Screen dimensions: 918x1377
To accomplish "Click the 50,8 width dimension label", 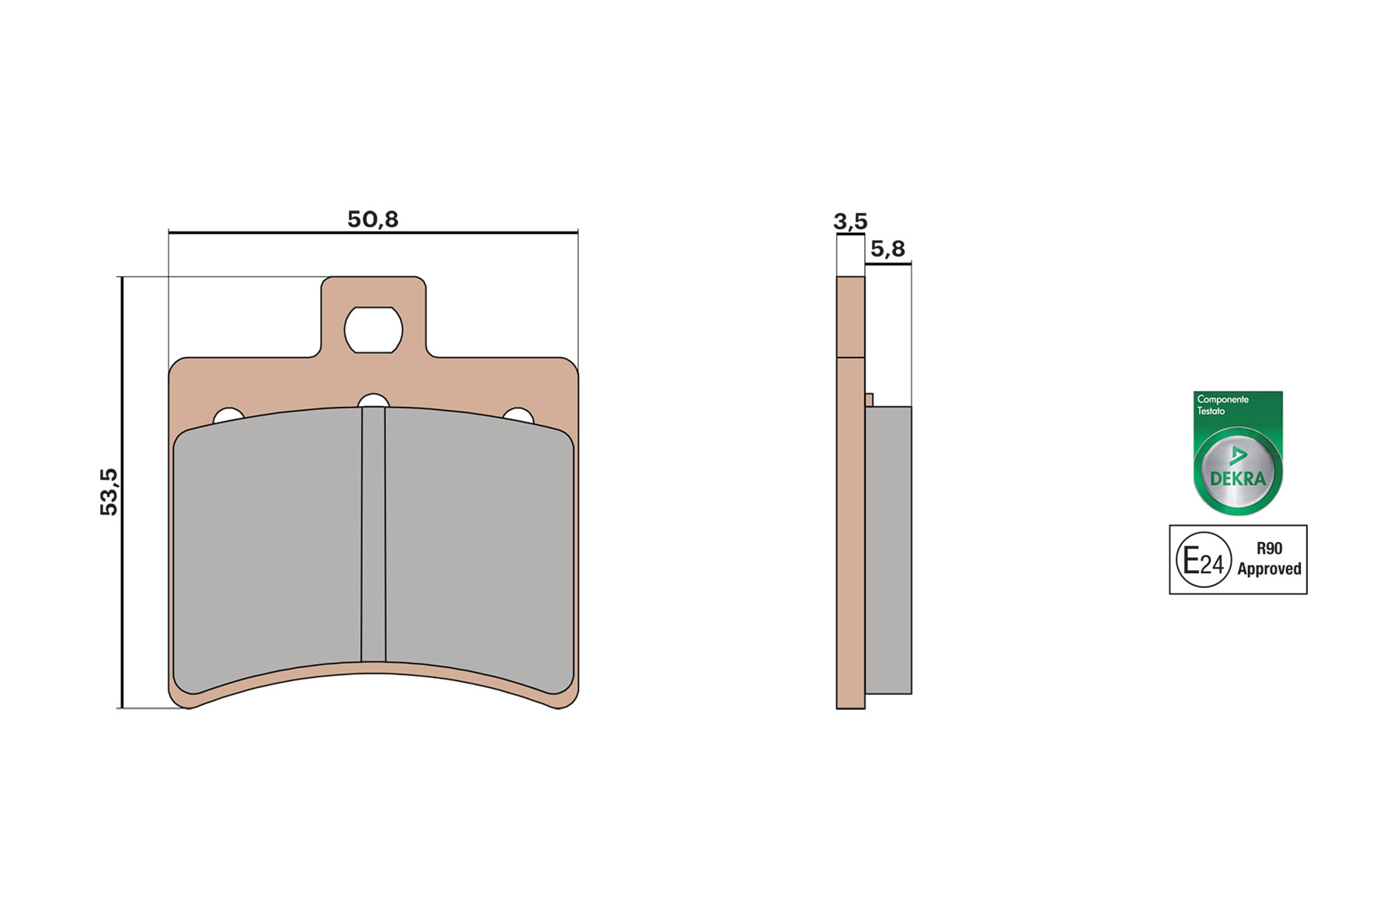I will point(372,220).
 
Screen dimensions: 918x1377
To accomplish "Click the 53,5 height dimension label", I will point(109,492).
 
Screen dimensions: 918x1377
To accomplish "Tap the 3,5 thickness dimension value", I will point(850,221).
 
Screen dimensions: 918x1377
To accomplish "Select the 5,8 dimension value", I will point(887,249).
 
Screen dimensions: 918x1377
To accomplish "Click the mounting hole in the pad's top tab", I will point(374,330).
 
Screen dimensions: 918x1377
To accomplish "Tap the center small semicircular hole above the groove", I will point(374,401).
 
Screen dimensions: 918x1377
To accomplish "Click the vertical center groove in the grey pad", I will point(374,536).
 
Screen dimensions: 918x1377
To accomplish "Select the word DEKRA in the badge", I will point(1238,478).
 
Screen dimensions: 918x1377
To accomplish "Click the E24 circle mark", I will point(1203,560).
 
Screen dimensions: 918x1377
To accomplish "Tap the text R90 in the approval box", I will point(1269,548).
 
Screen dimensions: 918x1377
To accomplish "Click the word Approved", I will point(1269,569).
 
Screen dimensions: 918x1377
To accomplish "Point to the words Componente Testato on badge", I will point(1222,405).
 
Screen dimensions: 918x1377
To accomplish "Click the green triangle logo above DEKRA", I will point(1238,456).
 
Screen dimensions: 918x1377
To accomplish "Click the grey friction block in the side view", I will point(888,550).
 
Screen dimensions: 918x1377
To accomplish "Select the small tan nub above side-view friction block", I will point(869,400).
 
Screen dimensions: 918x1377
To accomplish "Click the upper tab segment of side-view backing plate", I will point(850,317).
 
